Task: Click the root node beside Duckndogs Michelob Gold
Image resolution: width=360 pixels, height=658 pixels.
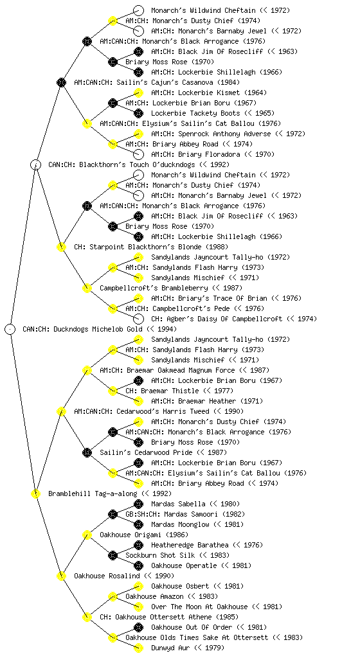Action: pyautogui.click(x=10, y=329)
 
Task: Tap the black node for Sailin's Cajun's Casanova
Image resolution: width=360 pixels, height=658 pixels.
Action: pyautogui.click(x=61, y=82)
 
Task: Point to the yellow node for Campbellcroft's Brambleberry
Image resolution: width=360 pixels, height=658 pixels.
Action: pyautogui.click(x=87, y=288)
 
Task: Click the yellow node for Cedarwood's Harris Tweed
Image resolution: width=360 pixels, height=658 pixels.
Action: pyautogui.click(x=61, y=411)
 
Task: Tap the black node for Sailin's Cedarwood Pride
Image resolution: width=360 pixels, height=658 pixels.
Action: pyautogui.click(x=87, y=452)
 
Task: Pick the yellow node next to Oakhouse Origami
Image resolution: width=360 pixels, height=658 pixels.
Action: pyautogui.click(x=87, y=535)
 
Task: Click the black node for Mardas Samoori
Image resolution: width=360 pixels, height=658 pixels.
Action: pyautogui.click(x=113, y=514)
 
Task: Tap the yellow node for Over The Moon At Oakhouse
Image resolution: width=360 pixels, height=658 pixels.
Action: pyautogui.click(x=138, y=607)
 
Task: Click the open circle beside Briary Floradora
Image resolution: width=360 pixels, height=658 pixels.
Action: pyautogui.click(x=138, y=154)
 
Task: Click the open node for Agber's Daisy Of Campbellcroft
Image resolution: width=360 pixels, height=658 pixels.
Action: pyautogui.click(x=138, y=319)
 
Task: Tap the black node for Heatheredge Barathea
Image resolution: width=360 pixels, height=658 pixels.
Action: pyautogui.click(x=138, y=545)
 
